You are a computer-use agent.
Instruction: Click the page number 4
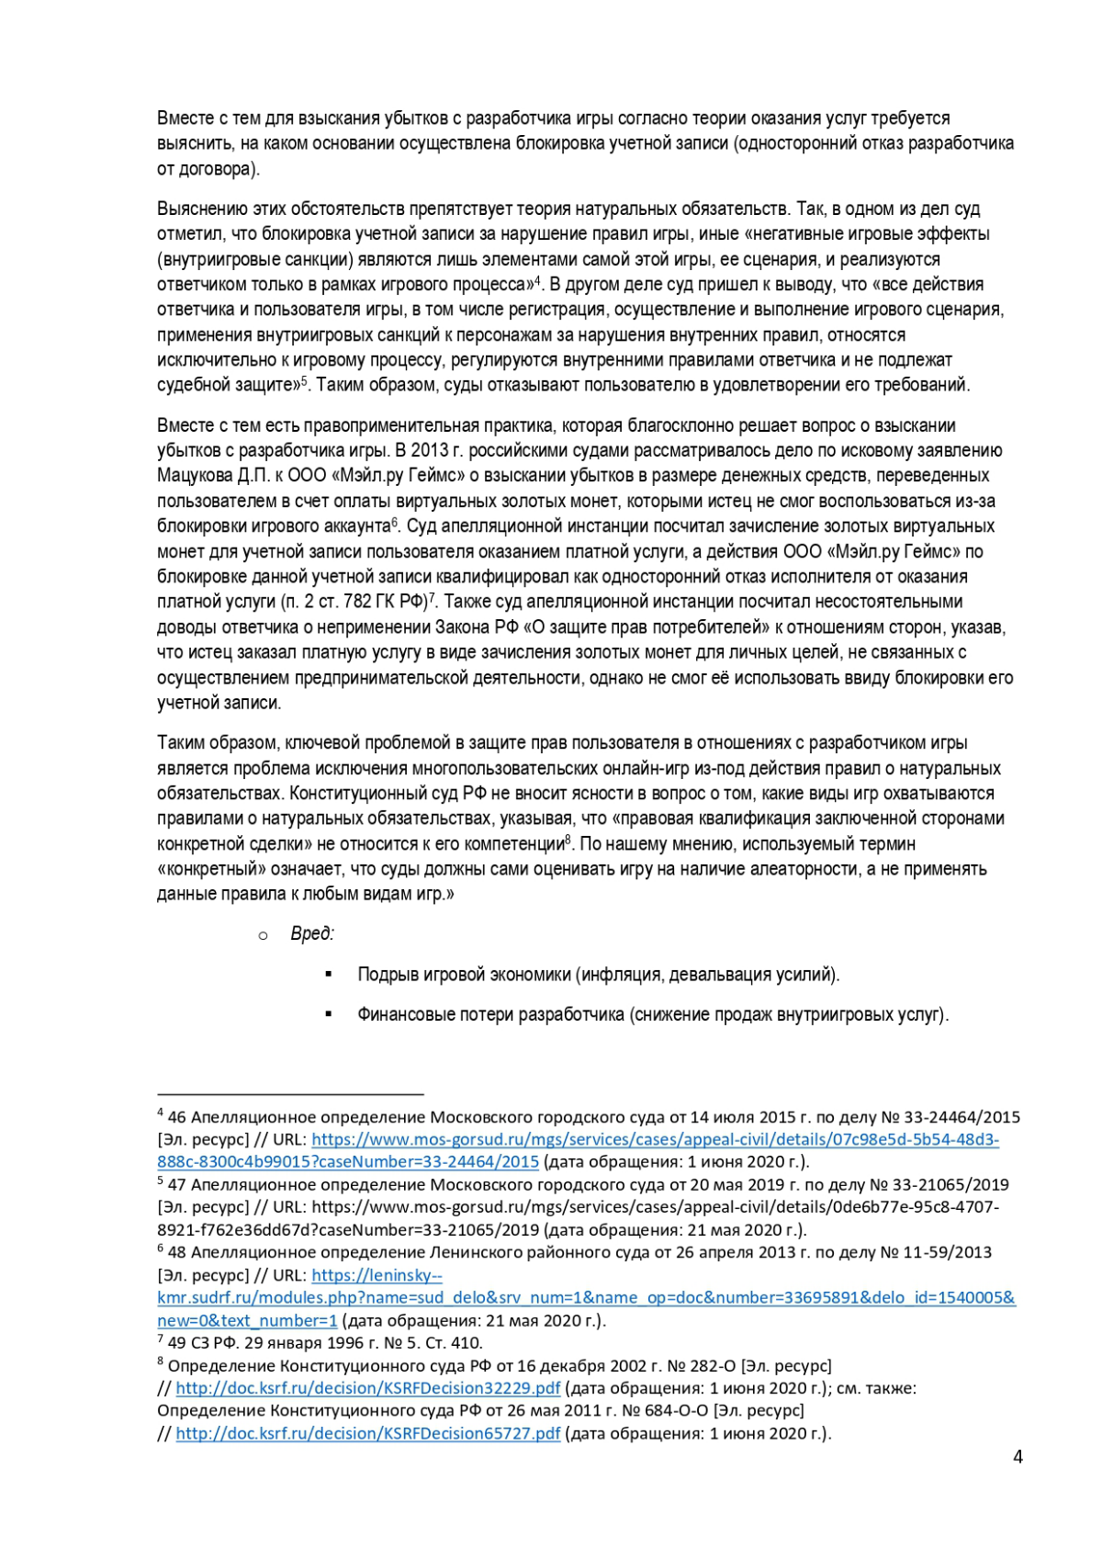tap(1018, 1457)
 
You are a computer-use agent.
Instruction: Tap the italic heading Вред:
tap(312, 934)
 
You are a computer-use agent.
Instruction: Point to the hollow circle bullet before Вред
tap(264, 935)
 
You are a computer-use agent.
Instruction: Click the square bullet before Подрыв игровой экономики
tap(329, 975)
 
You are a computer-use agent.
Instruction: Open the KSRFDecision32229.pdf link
tap(367, 1388)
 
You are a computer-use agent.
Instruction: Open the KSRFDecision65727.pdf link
tap(367, 1433)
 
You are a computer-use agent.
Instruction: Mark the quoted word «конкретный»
tap(211, 869)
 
